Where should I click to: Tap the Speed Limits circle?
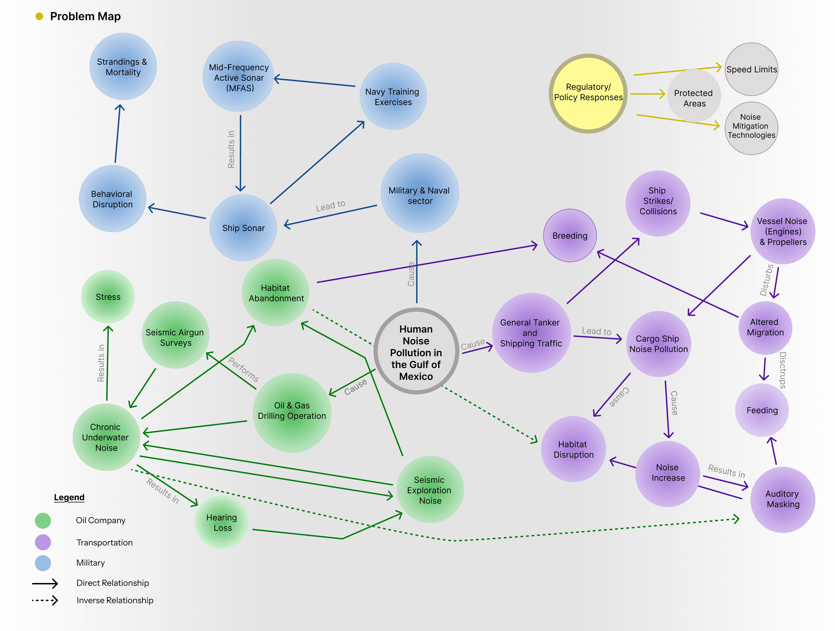751,69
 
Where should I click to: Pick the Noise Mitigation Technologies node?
751,128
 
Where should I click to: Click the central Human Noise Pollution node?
416,352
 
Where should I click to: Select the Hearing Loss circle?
222,522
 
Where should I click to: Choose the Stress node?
108,297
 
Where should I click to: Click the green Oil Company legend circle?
43,520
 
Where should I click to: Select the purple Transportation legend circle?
43,542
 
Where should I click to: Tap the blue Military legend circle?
43,563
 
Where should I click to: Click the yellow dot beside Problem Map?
39,16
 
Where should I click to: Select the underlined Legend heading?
69,497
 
